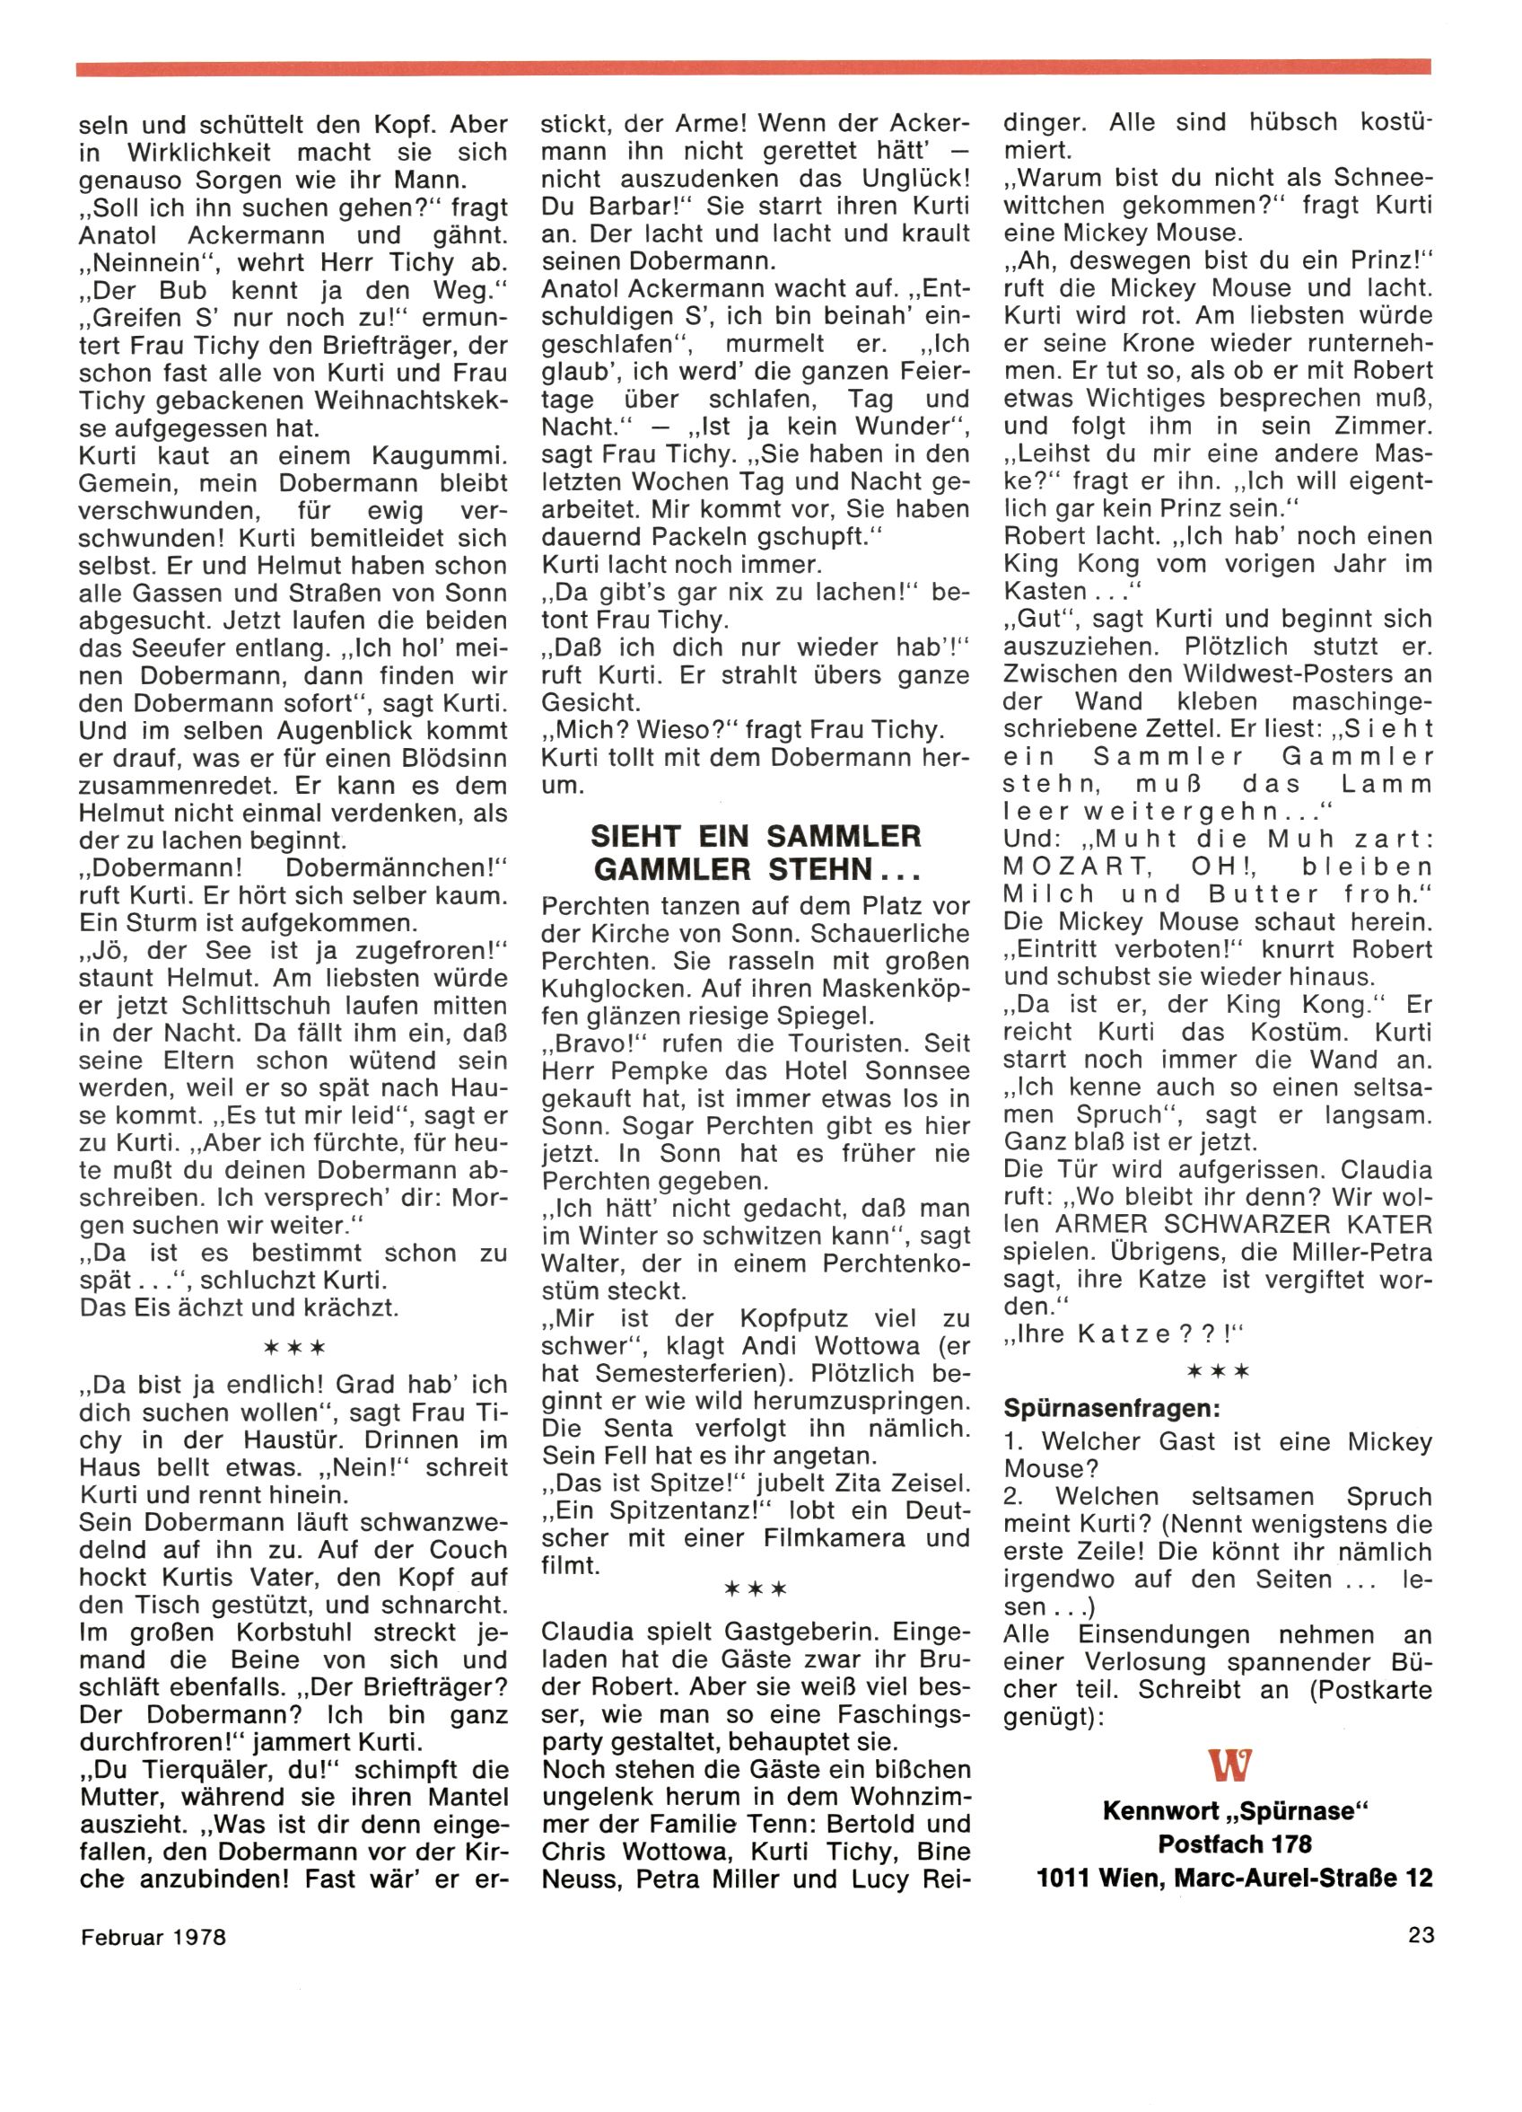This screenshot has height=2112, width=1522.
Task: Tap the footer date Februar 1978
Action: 153,1937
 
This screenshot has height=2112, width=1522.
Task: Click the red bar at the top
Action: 752,68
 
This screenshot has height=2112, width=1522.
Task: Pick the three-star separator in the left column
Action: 293,1347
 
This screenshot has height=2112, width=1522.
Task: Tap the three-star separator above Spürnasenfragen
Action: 1218,1372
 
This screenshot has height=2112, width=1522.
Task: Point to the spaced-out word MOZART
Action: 1074,867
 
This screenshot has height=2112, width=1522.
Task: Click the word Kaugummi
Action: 439,456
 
